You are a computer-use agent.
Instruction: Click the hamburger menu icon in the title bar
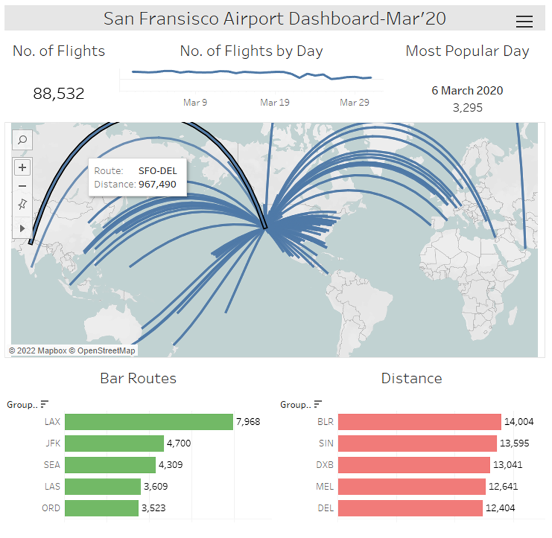[524, 22]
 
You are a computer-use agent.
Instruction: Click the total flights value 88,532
[59, 93]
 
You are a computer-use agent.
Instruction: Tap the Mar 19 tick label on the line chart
[275, 103]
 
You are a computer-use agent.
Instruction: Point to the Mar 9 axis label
[195, 103]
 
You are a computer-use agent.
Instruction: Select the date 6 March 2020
[467, 91]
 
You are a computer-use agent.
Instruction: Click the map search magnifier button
[22, 140]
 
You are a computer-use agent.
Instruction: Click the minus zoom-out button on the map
[22, 186]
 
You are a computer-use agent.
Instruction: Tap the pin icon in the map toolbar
[22, 204]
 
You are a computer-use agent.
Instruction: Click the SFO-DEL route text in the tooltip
[157, 171]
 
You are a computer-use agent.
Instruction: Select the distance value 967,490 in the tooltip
[157, 184]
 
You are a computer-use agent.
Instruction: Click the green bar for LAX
[149, 422]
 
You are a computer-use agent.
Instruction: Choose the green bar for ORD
[102, 508]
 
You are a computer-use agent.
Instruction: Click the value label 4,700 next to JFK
[179, 444]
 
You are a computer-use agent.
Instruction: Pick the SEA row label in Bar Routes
[52, 465]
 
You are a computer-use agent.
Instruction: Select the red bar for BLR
[419, 422]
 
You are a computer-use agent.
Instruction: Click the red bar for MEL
[412, 486]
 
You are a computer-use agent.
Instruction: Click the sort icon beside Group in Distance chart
[318, 404]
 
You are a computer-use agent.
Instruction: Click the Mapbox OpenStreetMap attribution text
[72, 351]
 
